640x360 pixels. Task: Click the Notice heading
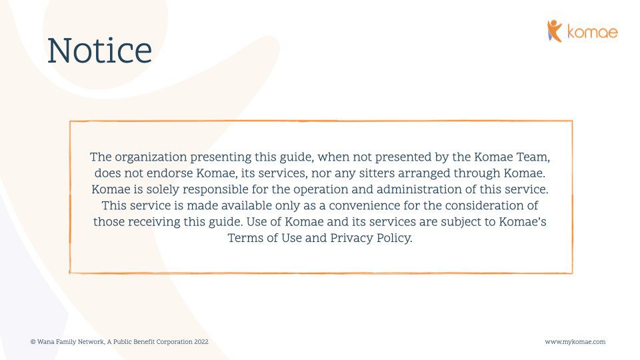(99, 51)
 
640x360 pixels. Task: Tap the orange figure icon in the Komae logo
(554, 31)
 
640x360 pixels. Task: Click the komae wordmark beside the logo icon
(593, 32)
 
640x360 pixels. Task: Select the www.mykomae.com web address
(575, 341)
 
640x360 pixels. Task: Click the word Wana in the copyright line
(45, 341)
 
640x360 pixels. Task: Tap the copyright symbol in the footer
(33, 341)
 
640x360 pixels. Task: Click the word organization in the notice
(151, 157)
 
